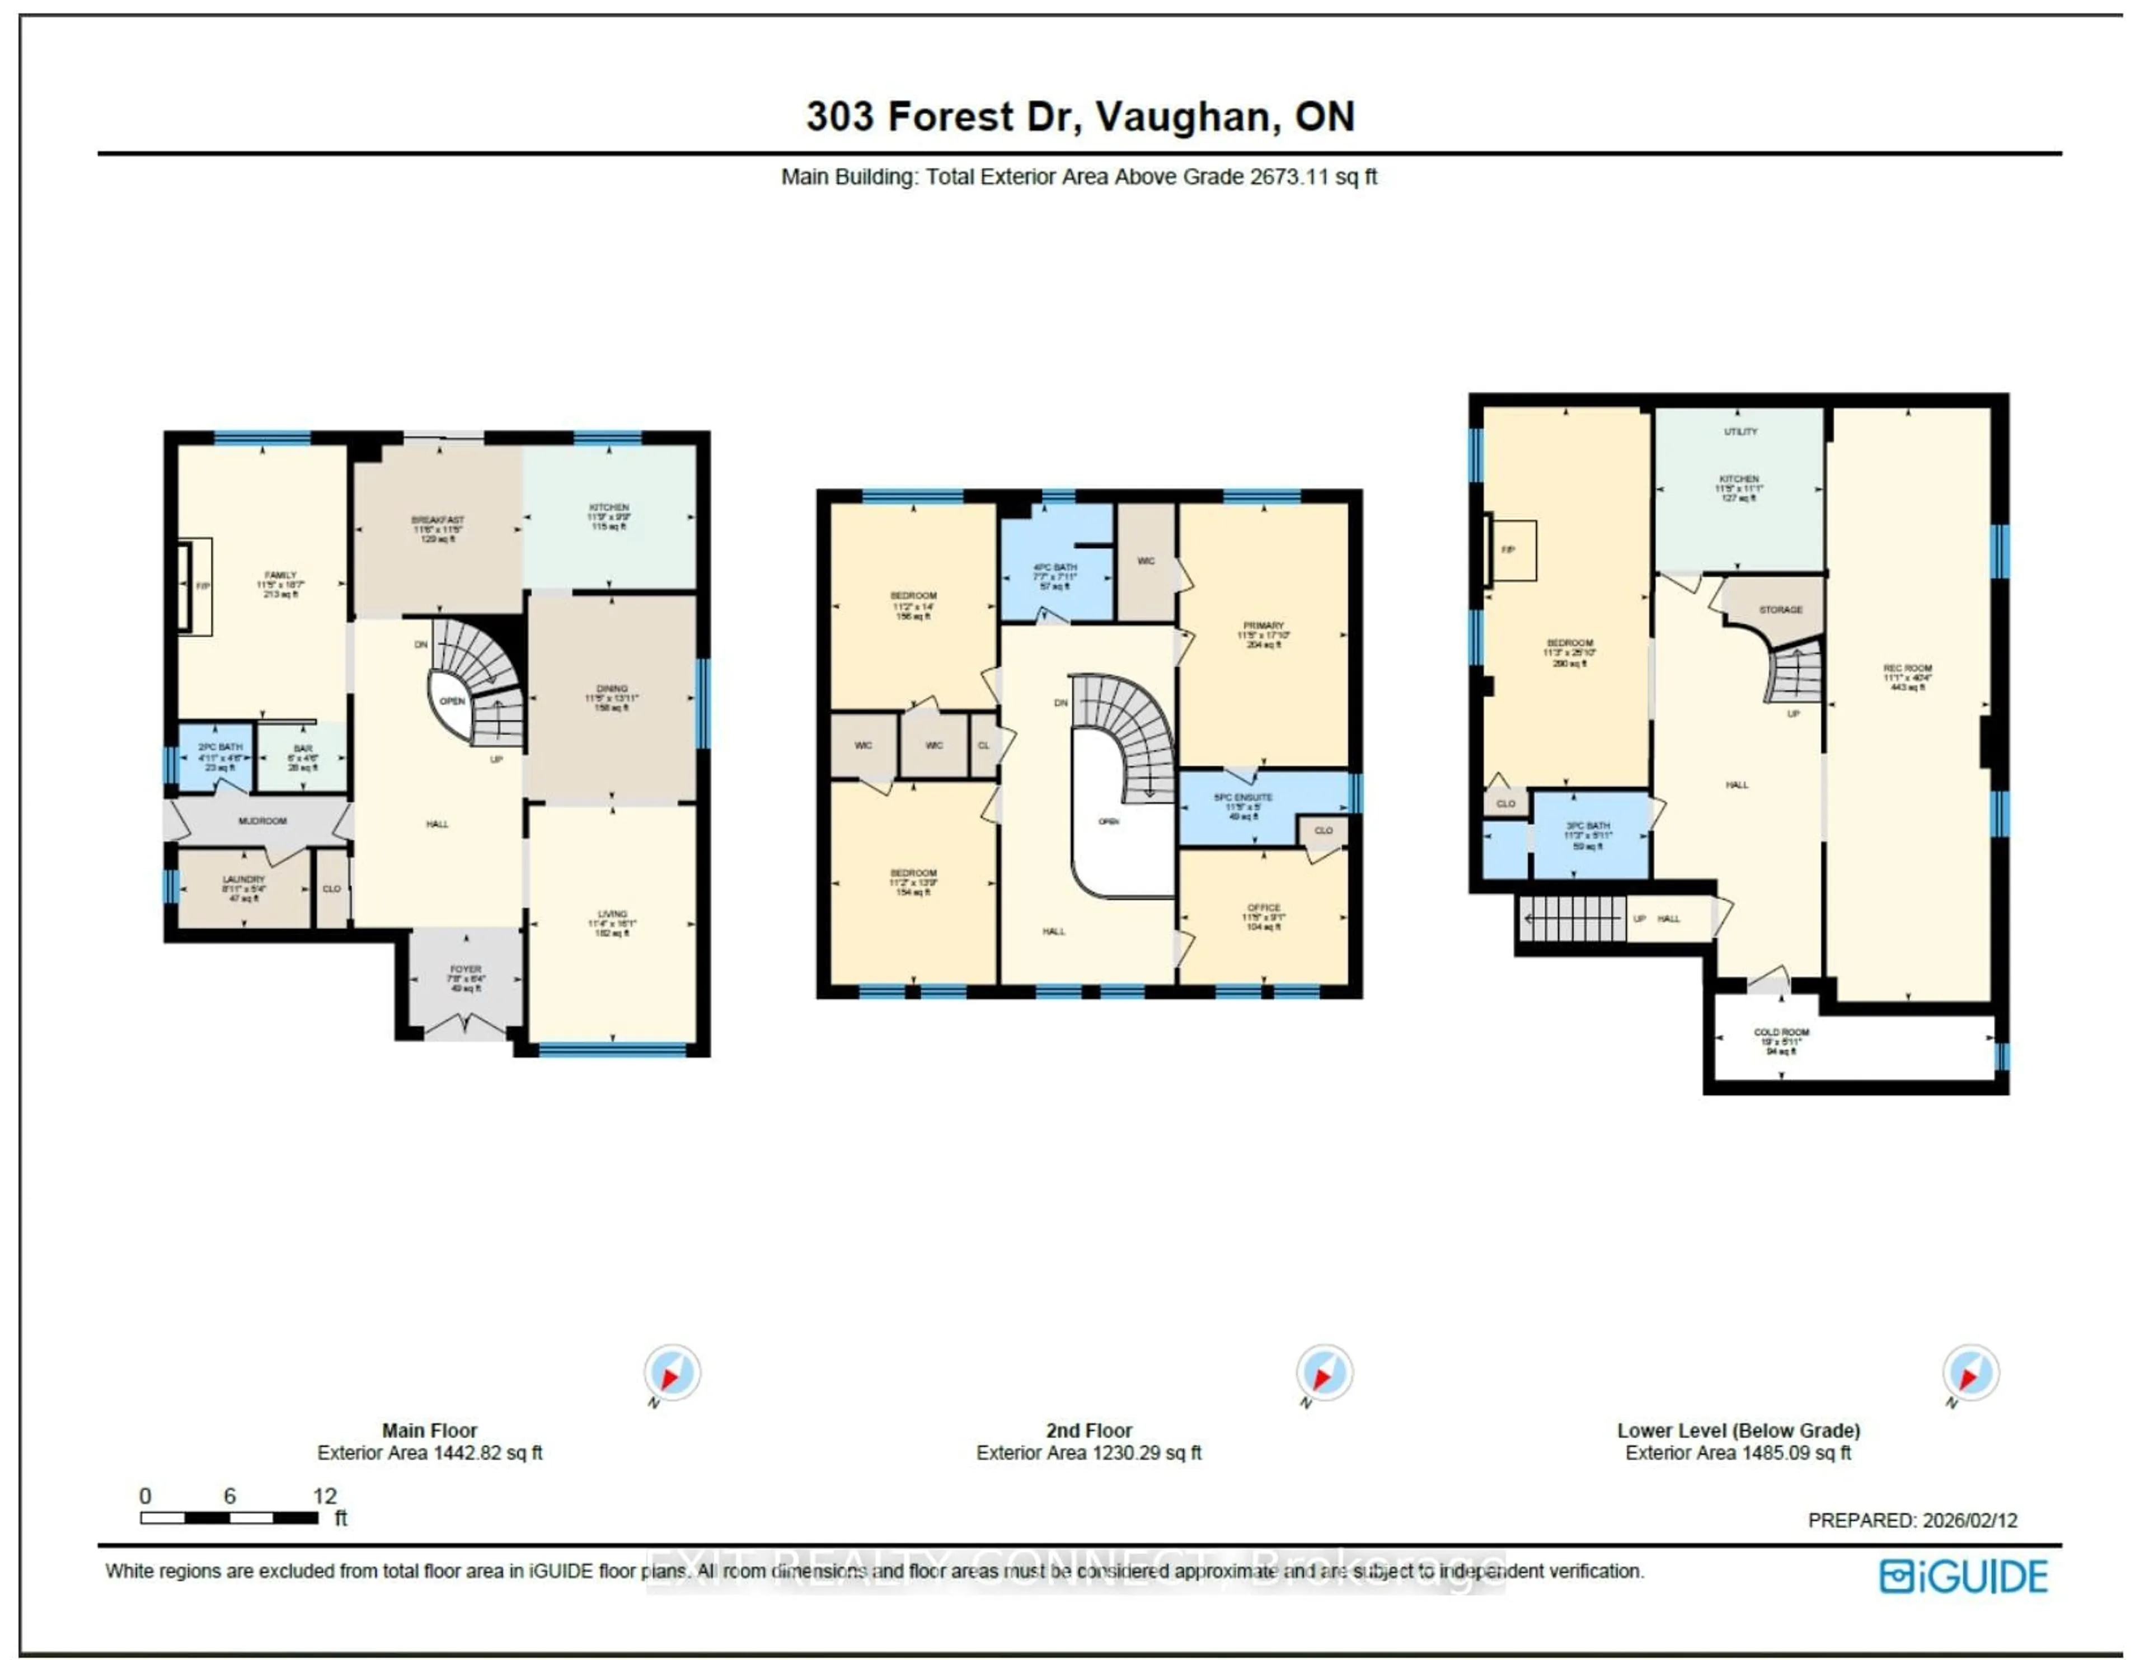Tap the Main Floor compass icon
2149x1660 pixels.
pos(672,1372)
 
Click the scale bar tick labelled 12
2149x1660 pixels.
pos(325,1496)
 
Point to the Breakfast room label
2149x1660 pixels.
pos(438,520)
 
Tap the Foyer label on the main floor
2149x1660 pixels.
pos(466,969)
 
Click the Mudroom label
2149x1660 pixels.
pos(262,821)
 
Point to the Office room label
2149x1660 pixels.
pos(1264,908)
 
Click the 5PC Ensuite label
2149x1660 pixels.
pos(1243,797)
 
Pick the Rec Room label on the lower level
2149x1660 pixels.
pos(1907,668)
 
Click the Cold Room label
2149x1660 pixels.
pos(1781,1032)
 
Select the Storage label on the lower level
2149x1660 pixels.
pos(1780,610)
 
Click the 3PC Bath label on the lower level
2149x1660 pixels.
pos(1588,826)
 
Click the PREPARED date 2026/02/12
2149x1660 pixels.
pos(1912,1520)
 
